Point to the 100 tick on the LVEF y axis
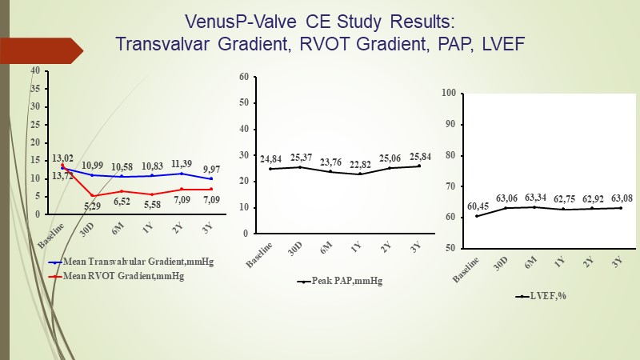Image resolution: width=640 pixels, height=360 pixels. (x=448, y=93)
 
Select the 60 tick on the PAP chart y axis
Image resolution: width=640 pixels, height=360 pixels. (x=244, y=77)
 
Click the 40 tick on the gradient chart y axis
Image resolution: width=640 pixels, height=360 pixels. (x=35, y=70)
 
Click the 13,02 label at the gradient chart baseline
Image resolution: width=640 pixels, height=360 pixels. (x=62, y=158)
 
